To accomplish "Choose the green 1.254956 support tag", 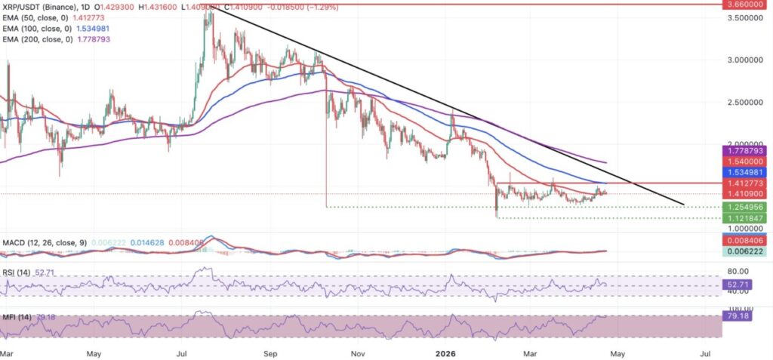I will coord(747,206).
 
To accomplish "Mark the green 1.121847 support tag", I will coord(747,217).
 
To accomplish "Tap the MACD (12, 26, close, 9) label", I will coord(39,242).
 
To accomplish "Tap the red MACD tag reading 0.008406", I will coord(747,242).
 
